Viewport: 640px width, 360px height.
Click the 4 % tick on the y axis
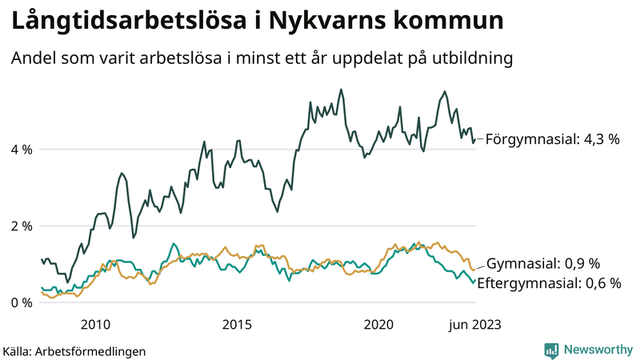click(x=21, y=150)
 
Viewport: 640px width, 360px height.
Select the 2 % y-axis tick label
click(x=21, y=226)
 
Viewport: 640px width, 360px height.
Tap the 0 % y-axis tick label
click(x=21, y=302)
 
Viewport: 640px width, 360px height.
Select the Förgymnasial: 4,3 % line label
click(x=552, y=139)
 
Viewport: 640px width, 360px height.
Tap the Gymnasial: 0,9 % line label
click(x=543, y=264)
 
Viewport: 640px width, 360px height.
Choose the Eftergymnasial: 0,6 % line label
click(x=549, y=282)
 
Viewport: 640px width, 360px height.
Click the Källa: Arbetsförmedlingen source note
click(x=74, y=350)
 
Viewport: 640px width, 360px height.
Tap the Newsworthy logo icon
click(x=551, y=350)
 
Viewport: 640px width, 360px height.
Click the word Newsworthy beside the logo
click(x=597, y=350)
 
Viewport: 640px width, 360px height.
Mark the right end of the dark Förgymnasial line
click(x=475, y=140)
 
